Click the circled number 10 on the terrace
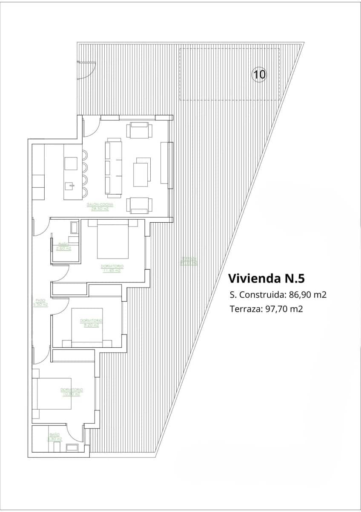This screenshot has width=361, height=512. pyautogui.click(x=259, y=75)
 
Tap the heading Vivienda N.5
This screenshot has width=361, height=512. pyautogui.click(x=266, y=279)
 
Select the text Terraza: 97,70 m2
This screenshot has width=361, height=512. pyautogui.click(x=266, y=309)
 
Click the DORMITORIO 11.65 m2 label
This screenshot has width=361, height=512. pyautogui.click(x=111, y=268)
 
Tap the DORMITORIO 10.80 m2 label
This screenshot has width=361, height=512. pyautogui.click(x=72, y=392)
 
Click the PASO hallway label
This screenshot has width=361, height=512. pyautogui.click(x=40, y=303)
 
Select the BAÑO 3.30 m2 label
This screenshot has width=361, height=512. pyautogui.click(x=54, y=436)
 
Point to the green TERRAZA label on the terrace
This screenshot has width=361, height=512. pyautogui.click(x=188, y=261)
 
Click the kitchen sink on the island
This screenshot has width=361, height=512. pyautogui.click(x=71, y=186)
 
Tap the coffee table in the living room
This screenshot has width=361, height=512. pyautogui.click(x=142, y=172)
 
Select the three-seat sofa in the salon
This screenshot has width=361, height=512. pyautogui.click(x=114, y=168)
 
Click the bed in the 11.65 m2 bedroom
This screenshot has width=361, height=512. pyautogui.click(x=112, y=240)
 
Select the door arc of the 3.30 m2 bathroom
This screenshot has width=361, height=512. pyautogui.click(x=76, y=434)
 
